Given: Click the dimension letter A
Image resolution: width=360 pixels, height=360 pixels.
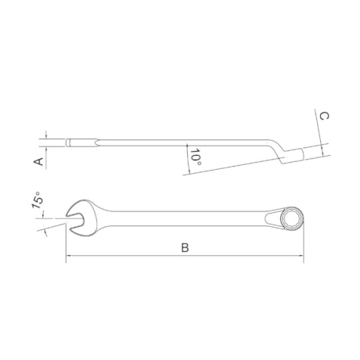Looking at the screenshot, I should coord(37,160).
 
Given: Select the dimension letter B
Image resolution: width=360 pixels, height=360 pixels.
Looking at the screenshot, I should coord(185,247).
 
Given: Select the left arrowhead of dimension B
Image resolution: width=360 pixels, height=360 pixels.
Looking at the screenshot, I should coord(69,257).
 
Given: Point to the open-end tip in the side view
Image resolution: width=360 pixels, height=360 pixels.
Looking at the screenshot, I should coord(70,142).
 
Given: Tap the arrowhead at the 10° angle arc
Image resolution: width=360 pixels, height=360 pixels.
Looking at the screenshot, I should coord(188,148).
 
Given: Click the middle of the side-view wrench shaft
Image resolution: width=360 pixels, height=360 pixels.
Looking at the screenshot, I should coord(172,142).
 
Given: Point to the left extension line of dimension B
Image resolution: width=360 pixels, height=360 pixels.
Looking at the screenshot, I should coord(66,243).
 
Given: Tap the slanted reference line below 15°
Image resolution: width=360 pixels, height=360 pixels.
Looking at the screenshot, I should coord(52,229).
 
